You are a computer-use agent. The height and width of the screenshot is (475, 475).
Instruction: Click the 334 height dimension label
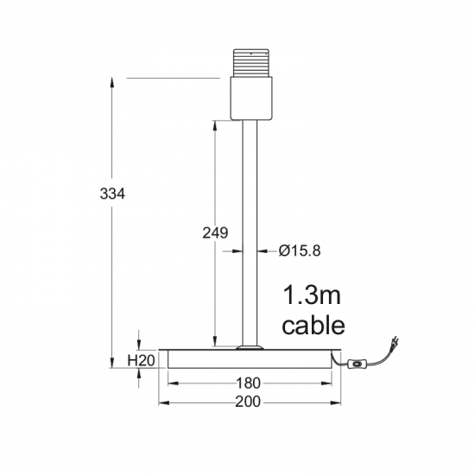[112, 193]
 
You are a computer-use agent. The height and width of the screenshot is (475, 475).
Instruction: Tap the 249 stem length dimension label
[215, 233]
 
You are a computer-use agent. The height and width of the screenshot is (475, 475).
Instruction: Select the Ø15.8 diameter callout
[300, 250]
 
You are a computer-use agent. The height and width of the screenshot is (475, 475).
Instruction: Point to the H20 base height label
[141, 360]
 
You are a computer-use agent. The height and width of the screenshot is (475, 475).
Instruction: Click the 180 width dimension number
[248, 383]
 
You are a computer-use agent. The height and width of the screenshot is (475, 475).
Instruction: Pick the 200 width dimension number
[248, 402]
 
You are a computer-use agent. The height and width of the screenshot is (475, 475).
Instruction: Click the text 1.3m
[312, 295]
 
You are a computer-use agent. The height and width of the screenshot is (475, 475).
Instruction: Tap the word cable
[313, 326]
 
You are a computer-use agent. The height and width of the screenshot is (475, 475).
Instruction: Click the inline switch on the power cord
[358, 363]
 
